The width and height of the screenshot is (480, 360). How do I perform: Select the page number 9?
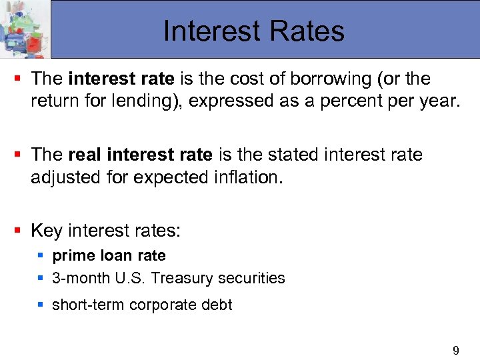coord(456,351)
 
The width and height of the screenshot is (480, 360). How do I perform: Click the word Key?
coord(47,231)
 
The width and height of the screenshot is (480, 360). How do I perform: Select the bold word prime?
coord(71,256)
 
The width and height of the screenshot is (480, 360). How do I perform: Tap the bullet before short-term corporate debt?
coord(41,305)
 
